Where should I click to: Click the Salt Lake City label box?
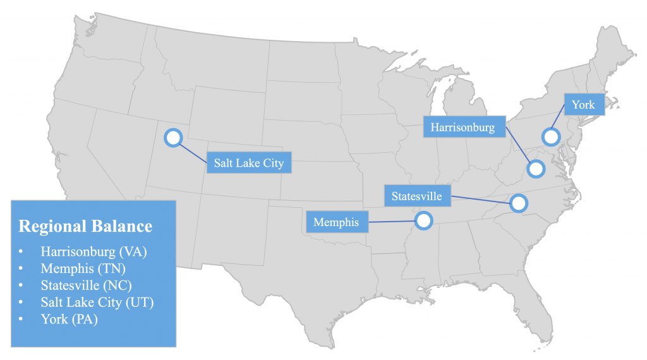[248, 163]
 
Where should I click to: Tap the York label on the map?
[583, 105]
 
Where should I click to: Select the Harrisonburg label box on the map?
[463, 127]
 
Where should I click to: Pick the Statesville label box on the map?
[416, 196]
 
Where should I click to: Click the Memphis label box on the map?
[336, 222]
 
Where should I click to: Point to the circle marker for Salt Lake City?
[172, 138]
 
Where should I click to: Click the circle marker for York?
[551, 136]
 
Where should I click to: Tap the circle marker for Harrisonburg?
[536, 169]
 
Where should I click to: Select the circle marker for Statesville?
[518, 203]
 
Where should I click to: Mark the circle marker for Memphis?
[423, 220]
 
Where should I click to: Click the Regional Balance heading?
[85, 226]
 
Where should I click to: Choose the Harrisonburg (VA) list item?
[94, 251]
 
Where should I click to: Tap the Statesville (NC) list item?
[86, 285]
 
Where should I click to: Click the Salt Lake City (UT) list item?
[97, 302]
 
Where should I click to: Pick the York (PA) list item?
[70, 319]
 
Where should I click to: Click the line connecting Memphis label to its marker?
[392, 222]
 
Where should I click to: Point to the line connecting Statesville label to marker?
[480, 200]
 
